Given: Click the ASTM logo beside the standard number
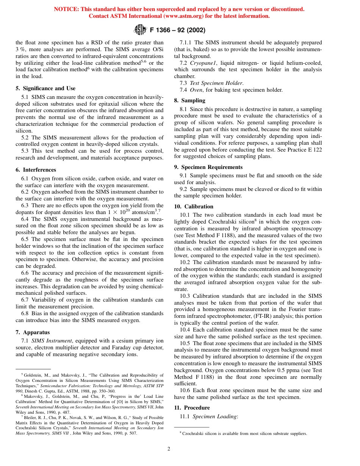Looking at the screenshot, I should [x=140, y=30].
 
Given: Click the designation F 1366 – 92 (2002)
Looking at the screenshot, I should [x=178, y=30].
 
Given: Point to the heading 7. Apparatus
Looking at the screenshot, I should [x=33, y=332].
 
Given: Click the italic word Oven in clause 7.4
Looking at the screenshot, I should [x=196, y=90].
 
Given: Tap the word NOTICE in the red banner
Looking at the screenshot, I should [x=66, y=9].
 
